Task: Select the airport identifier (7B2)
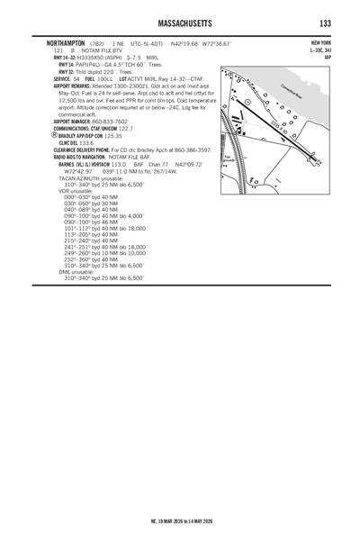[101, 43]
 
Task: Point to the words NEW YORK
[320, 43]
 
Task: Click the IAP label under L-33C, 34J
[328, 57]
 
